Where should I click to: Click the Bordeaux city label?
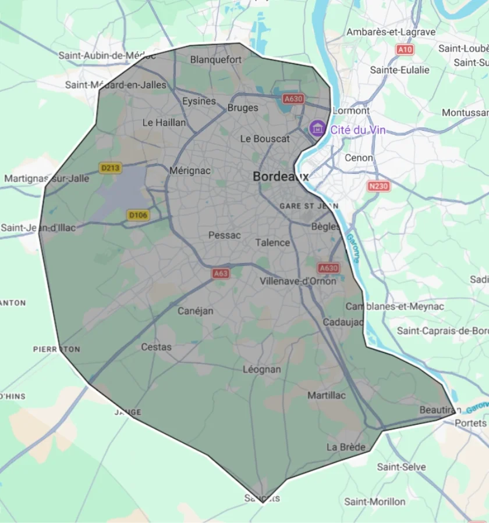coord(281,176)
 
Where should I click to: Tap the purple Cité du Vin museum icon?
coord(317,128)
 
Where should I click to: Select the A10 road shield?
coord(405,50)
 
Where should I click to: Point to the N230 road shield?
coord(379,186)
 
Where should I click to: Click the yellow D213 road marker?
coord(110,168)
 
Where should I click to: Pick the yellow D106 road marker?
coord(138,216)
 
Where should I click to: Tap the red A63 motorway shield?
coord(221,273)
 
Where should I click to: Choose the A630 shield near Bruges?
coord(293,99)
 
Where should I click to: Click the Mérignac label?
coord(190,171)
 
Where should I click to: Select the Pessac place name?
coord(225,235)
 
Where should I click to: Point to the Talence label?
coord(272,242)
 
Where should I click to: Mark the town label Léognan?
coord(262,370)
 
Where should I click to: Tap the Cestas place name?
coord(157,347)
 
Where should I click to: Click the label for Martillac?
coord(327,395)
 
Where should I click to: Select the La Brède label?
coord(346,447)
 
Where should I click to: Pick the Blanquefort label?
coord(216,59)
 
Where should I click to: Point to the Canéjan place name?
coord(196,311)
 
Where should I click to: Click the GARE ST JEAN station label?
coord(309,206)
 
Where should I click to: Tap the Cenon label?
coord(359,157)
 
